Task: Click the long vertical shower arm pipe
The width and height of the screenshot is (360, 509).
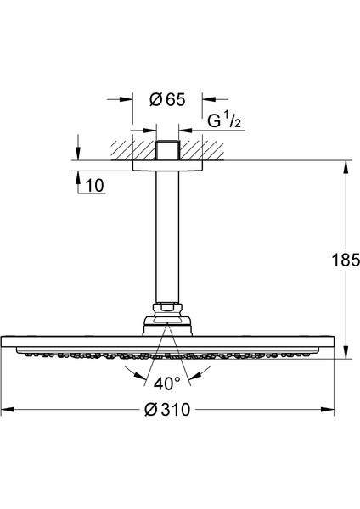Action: (166, 238)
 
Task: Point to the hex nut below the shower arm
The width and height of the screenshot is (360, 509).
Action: (166, 307)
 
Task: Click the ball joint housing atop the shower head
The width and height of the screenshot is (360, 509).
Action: (166, 322)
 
